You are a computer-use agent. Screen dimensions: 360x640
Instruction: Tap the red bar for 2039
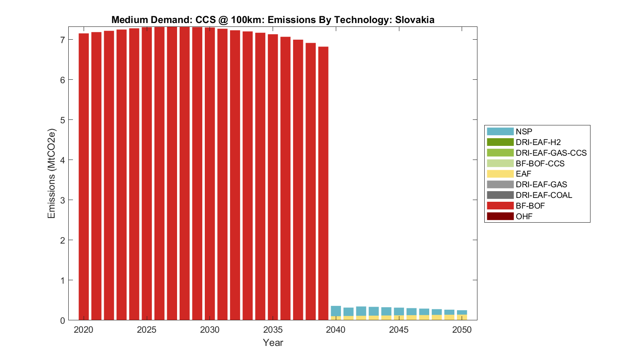click(323, 183)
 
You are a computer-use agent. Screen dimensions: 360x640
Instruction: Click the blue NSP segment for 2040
click(336, 311)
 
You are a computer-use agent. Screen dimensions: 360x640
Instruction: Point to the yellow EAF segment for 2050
click(462, 317)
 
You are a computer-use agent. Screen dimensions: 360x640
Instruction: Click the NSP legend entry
click(524, 132)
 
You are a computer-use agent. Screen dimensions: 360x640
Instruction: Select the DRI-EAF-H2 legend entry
click(538, 142)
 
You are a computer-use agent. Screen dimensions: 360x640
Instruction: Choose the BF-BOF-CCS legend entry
click(540, 163)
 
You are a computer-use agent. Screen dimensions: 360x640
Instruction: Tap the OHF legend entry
click(524, 216)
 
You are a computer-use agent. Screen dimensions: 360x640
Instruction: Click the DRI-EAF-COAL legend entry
click(544, 195)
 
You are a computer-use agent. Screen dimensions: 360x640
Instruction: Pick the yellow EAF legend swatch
click(500, 174)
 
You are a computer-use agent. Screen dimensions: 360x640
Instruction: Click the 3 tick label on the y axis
click(62, 200)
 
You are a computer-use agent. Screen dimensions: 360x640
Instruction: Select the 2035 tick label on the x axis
click(273, 330)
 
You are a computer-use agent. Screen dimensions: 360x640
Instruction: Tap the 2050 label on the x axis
click(462, 330)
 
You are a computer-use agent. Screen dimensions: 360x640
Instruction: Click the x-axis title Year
click(273, 343)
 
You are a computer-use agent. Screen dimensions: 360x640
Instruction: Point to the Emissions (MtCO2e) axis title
click(52, 174)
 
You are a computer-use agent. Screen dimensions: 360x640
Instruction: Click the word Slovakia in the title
click(414, 20)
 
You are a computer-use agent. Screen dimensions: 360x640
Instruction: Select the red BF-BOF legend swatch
click(500, 206)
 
